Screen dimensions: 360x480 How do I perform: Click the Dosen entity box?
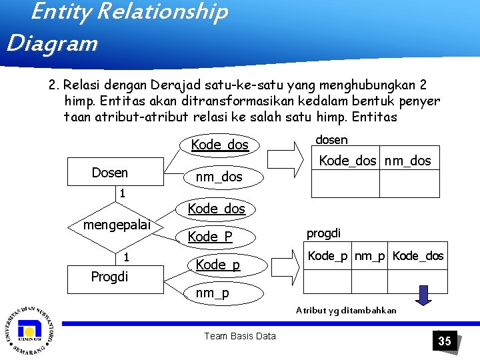tap(110, 173)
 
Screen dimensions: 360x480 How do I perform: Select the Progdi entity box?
tap(109, 277)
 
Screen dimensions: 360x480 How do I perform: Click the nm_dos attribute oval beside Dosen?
tap(219, 177)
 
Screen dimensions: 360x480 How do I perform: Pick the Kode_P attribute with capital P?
tap(210, 237)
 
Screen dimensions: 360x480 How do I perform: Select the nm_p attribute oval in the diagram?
tap(212, 293)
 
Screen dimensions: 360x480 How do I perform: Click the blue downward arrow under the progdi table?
tap(421, 293)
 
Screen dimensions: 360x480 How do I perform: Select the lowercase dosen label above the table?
tap(331, 139)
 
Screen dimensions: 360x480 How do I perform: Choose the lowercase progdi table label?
tap(323, 233)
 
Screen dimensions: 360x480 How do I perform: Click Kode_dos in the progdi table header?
tap(418, 257)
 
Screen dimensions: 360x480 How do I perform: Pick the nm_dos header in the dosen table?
tap(409, 161)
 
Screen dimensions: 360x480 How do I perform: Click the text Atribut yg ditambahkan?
tap(346, 310)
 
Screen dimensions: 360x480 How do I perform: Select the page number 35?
tap(444, 341)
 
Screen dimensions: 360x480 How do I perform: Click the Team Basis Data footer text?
tap(239, 336)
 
